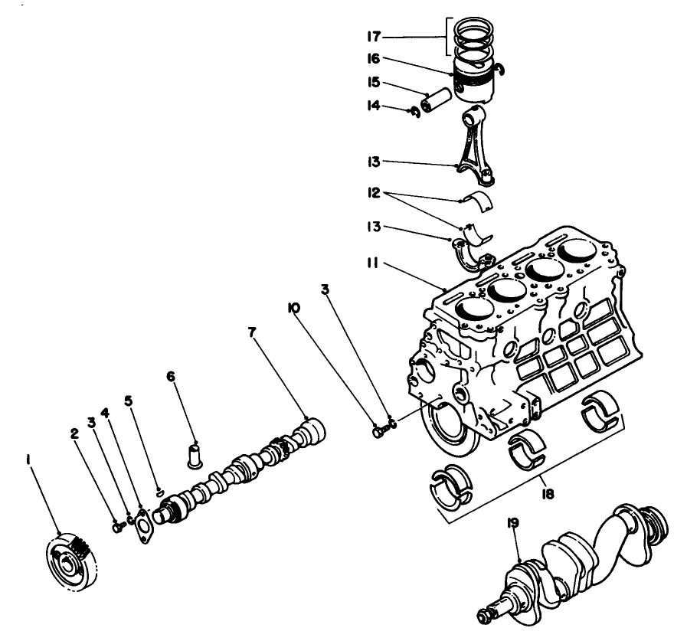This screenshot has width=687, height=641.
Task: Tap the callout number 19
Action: pos(512,524)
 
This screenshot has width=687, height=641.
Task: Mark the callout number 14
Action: pos(373,107)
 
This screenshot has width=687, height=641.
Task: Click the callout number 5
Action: pos(129,444)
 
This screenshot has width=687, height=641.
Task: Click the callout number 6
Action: pos(171,377)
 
